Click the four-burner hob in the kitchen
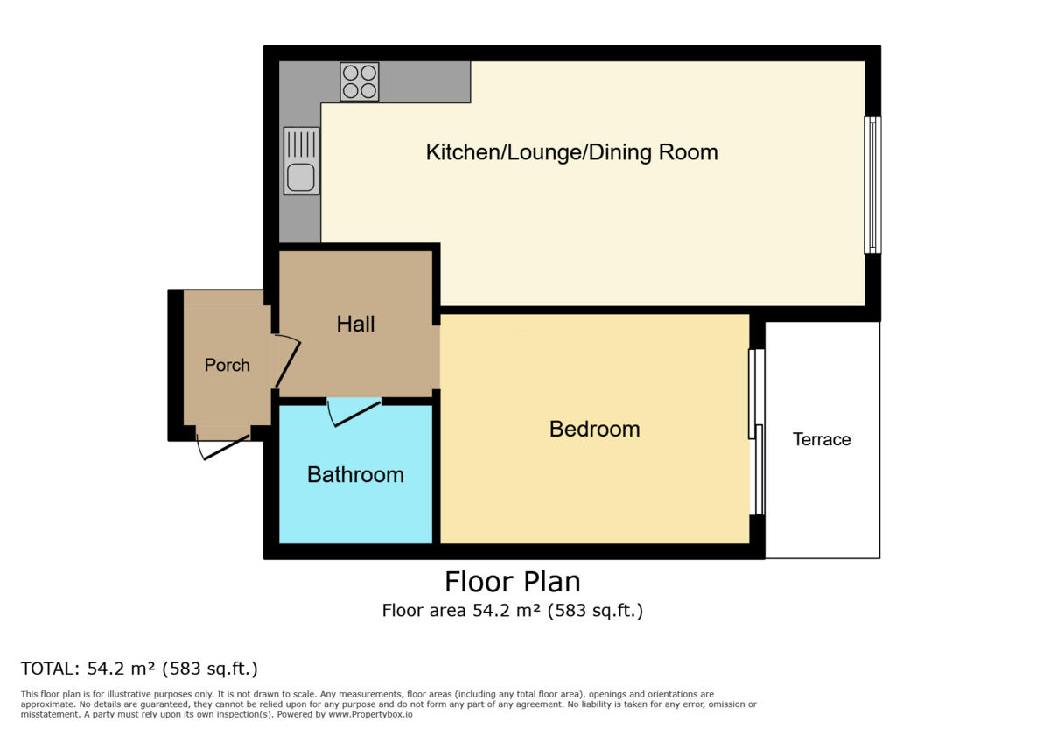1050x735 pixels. [359, 81]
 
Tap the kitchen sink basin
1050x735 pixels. [301, 178]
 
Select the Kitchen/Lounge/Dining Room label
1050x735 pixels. [571, 152]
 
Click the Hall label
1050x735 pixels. [355, 324]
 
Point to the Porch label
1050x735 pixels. [227, 365]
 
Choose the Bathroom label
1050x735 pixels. [355, 475]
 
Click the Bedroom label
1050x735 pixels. [594, 430]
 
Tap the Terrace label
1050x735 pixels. [822, 439]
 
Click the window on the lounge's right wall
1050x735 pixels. [872, 185]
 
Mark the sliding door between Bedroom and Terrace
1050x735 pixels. [757, 432]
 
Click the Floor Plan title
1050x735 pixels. [512, 582]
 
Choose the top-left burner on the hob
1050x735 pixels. [349, 73]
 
